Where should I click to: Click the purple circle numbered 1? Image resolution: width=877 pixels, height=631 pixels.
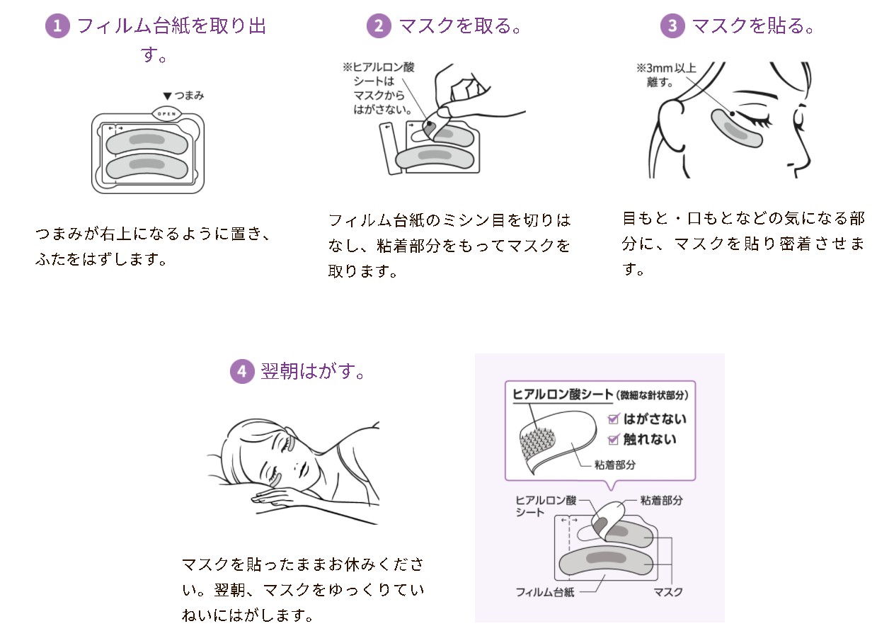point(57,26)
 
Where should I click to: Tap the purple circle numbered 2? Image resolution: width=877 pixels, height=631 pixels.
point(379,26)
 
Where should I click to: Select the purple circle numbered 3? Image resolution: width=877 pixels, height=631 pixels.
point(672,26)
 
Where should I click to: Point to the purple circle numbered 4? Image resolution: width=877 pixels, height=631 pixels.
point(242,371)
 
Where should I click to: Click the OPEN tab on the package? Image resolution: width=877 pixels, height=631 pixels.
point(166,114)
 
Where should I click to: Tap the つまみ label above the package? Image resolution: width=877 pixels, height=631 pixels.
point(183,96)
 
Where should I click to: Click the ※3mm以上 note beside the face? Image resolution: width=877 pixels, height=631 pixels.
point(666,68)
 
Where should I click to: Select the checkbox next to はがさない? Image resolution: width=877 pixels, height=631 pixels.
point(613,419)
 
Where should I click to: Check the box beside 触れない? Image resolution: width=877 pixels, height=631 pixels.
point(613,439)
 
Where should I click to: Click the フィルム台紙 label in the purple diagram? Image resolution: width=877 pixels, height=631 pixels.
point(544,592)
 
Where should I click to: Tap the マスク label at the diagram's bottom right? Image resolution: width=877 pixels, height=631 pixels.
point(668,592)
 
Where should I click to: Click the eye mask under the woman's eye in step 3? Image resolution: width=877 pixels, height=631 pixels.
point(736,128)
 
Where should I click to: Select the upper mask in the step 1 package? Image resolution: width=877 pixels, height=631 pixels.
point(147,142)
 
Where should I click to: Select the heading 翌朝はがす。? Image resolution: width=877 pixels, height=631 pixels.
point(312,371)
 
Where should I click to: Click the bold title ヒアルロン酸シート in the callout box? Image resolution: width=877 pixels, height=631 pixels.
point(563,394)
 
